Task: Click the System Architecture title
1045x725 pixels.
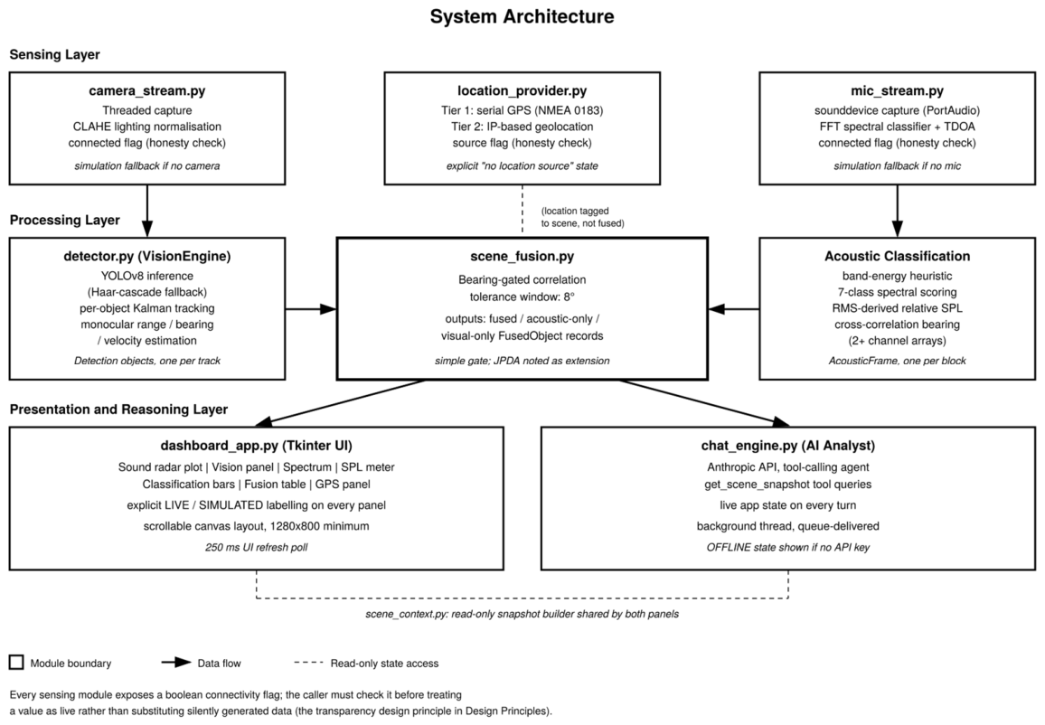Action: pyautogui.click(x=522, y=16)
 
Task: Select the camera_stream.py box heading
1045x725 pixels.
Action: pyautogui.click(x=147, y=90)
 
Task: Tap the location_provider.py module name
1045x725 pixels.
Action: pyautogui.click(x=522, y=90)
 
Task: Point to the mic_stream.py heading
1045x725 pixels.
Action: pyautogui.click(x=897, y=90)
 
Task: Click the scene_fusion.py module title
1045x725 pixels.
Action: pyautogui.click(x=522, y=257)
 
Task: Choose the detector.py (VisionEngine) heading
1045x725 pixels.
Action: pyautogui.click(x=147, y=257)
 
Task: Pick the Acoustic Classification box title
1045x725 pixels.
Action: pyautogui.click(x=897, y=257)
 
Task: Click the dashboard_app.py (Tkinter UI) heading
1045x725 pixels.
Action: pyautogui.click(x=257, y=446)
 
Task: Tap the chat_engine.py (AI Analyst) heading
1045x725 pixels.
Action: pyautogui.click(x=787, y=446)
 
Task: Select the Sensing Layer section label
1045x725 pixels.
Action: pyautogui.click(x=54, y=54)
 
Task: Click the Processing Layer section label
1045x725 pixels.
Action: pyautogui.click(x=65, y=220)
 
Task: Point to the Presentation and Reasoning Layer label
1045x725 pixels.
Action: pyautogui.click(x=118, y=410)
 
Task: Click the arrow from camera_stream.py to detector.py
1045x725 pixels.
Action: pyautogui.click(x=147, y=211)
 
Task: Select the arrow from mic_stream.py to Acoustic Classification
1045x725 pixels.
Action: pyautogui.click(x=897, y=211)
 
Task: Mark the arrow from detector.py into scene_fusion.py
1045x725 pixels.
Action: pyautogui.click(x=311, y=309)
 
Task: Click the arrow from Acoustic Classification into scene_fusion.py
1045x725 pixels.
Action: pyautogui.click(x=734, y=309)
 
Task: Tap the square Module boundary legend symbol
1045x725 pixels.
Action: pyautogui.click(x=16, y=663)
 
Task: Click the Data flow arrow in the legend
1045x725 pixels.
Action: pyautogui.click(x=176, y=663)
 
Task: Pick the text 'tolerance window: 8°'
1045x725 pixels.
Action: pyautogui.click(x=522, y=297)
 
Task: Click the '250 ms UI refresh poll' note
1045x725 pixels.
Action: pyautogui.click(x=257, y=548)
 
